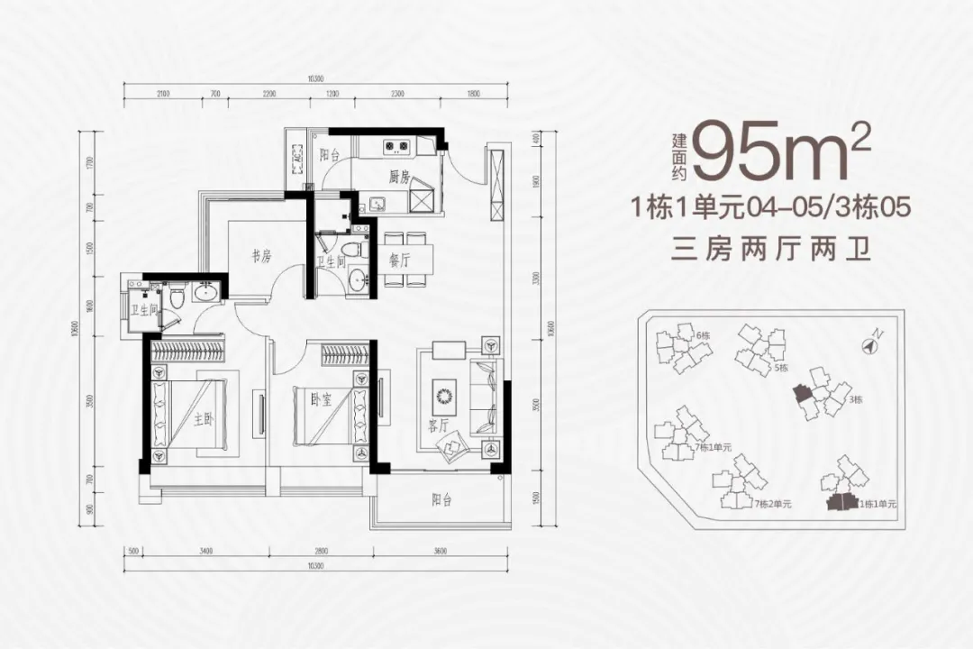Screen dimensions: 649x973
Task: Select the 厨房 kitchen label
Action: [400, 178]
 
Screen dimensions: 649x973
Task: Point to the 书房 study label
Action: [261, 257]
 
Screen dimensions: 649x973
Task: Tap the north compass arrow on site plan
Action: [871, 343]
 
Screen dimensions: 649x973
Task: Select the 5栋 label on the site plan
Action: [781, 368]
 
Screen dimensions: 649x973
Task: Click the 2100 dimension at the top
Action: [162, 94]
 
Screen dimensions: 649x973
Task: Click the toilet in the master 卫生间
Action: [177, 292]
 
